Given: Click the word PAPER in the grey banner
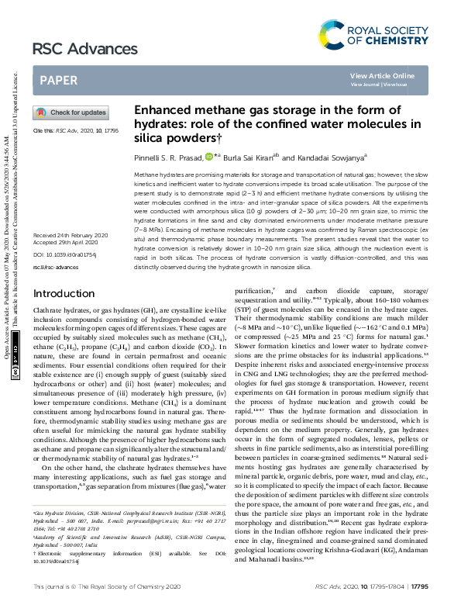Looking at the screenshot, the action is pyautogui.click(x=59, y=80).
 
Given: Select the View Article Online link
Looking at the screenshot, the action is pyautogui.click(x=382, y=75).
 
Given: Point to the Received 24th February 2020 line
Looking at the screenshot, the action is pyautogui.click(x=71, y=234).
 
